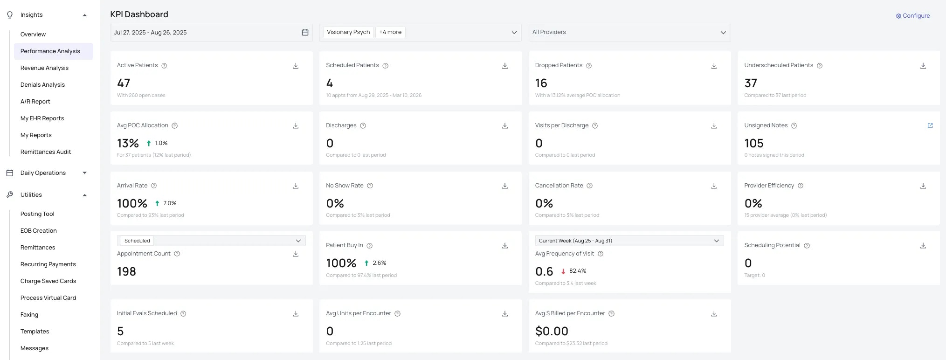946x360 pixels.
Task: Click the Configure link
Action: (x=913, y=16)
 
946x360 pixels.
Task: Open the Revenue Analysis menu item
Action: (x=44, y=68)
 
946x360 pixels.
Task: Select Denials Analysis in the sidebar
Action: (x=42, y=85)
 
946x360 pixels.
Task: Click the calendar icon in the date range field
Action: (x=305, y=33)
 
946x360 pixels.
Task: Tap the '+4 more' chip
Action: (x=390, y=32)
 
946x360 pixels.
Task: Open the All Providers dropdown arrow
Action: (x=723, y=33)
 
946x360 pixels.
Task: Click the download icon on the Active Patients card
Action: (x=296, y=66)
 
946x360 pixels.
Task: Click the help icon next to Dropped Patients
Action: (x=589, y=66)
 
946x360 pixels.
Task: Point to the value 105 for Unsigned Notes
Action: (x=754, y=143)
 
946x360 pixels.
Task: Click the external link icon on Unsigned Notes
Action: (x=930, y=125)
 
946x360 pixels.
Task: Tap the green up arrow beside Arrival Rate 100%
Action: (x=157, y=203)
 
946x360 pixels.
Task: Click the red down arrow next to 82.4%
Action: (x=563, y=271)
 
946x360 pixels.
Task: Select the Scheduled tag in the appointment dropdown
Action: (x=137, y=241)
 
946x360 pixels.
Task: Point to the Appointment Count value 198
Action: (x=126, y=271)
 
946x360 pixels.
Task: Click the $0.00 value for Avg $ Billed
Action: (x=552, y=331)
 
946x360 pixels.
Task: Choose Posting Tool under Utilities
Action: (x=37, y=214)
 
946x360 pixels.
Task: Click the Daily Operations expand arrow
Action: (x=84, y=173)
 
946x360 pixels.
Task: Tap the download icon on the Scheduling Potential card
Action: (x=923, y=245)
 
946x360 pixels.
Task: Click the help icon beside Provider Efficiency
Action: (x=801, y=186)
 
